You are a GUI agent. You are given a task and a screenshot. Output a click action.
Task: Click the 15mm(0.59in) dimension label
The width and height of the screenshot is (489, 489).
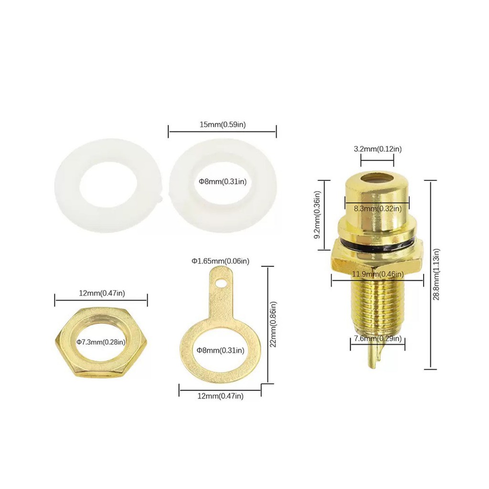point(223,125)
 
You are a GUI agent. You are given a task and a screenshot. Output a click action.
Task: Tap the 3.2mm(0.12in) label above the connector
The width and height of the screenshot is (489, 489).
point(378,149)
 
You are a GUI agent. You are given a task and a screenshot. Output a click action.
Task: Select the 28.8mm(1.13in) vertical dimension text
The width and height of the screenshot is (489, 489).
point(436,275)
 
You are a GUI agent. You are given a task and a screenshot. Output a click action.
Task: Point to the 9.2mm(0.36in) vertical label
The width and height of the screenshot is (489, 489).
point(317,215)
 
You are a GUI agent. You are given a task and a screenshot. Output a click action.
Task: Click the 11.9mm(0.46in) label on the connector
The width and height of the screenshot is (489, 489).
point(378,275)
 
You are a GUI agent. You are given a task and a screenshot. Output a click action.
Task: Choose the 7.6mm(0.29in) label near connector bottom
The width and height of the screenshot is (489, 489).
point(378,339)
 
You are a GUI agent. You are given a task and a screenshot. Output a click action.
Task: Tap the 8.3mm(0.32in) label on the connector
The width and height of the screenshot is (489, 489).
point(378,208)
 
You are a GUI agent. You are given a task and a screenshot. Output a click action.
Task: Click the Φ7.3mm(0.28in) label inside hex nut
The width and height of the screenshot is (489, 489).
point(101,342)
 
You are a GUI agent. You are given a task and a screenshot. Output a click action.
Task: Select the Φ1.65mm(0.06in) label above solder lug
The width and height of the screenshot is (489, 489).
point(221,261)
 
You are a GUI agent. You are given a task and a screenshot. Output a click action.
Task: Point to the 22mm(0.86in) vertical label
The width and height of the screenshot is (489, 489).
point(273,324)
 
